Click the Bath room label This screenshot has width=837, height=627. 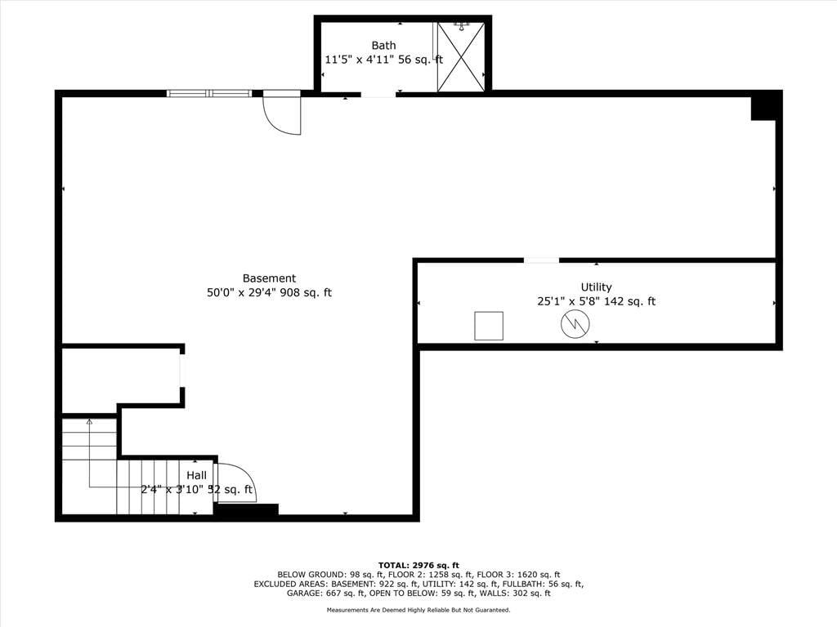(x=383, y=46)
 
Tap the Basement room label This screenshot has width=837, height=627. (x=269, y=278)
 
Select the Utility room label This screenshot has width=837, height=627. (x=596, y=287)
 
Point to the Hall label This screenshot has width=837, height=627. (x=196, y=475)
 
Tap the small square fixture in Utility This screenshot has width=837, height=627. (x=489, y=326)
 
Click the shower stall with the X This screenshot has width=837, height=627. (x=461, y=56)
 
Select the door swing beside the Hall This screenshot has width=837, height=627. (x=235, y=482)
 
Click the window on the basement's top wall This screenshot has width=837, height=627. (x=209, y=93)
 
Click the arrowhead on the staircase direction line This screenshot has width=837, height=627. (x=89, y=422)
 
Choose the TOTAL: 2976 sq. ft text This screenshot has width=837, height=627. (x=418, y=565)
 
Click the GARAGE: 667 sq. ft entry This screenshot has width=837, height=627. (x=326, y=593)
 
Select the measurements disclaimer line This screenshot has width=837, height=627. (x=418, y=610)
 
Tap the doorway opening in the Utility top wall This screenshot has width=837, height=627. (x=541, y=260)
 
